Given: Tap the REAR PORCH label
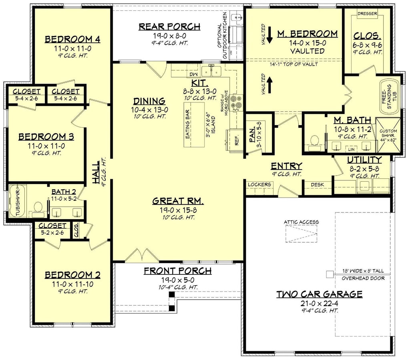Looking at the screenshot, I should click(169, 27).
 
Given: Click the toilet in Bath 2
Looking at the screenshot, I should click(38, 208).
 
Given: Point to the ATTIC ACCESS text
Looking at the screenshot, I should click(301, 222).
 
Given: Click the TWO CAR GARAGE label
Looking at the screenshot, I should click(319, 294).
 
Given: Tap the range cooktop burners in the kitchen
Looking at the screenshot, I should click(237, 102).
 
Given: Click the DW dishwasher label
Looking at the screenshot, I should click(193, 74).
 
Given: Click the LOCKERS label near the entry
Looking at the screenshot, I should click(259, 184).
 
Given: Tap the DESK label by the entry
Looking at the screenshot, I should click(317, 184).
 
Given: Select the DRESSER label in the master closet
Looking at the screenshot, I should click(367, 14).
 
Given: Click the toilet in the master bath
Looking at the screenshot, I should click(314, 141).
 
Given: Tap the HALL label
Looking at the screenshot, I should click(96, 175).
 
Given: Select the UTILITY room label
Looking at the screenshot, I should click(364, 160).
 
